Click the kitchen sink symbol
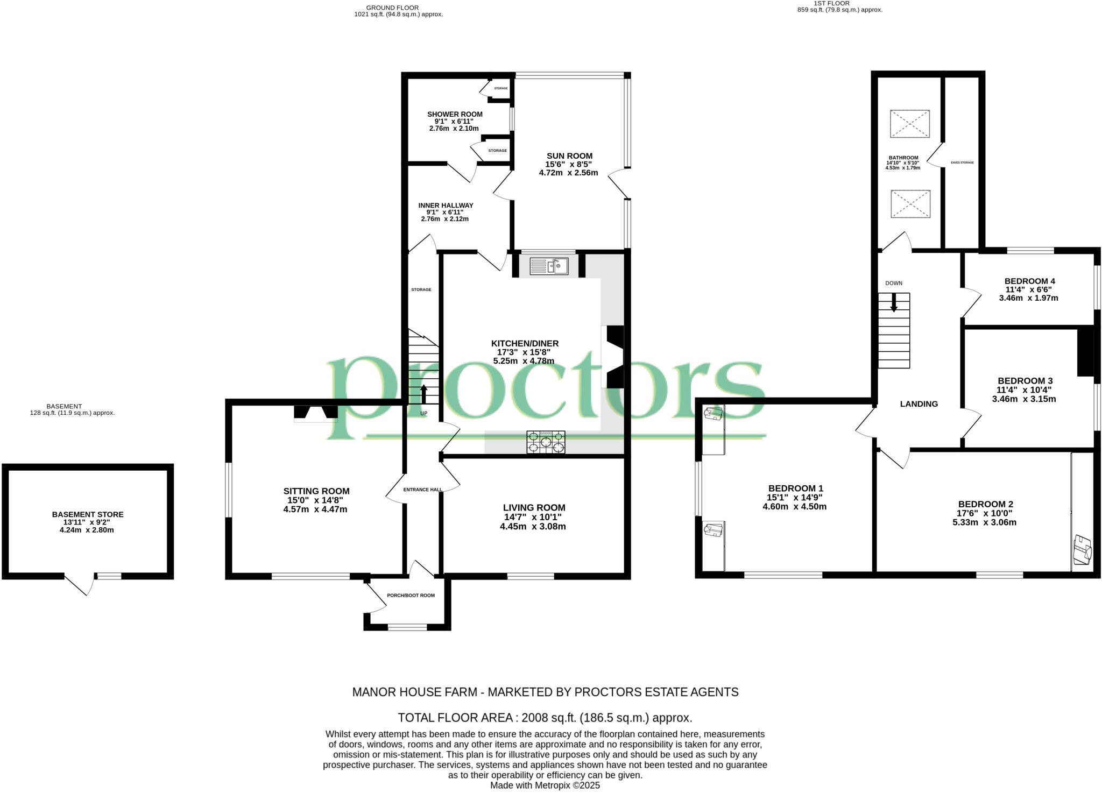(549, 266)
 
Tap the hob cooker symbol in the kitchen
(546, 442)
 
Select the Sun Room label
(569, 156)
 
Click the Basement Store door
(79, 584)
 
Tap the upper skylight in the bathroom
(909, 124)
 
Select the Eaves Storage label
(962, 162)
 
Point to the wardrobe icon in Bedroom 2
(1083, 550)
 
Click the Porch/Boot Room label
(411, 596)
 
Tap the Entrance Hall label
(422, 490)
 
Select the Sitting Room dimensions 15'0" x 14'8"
(315, 500)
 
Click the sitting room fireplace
(316, 412)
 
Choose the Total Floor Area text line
(545, 718)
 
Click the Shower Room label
(455, 114)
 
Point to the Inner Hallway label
(446, 205)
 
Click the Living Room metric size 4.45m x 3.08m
(533, 526)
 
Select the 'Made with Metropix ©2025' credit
(545, 785)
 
